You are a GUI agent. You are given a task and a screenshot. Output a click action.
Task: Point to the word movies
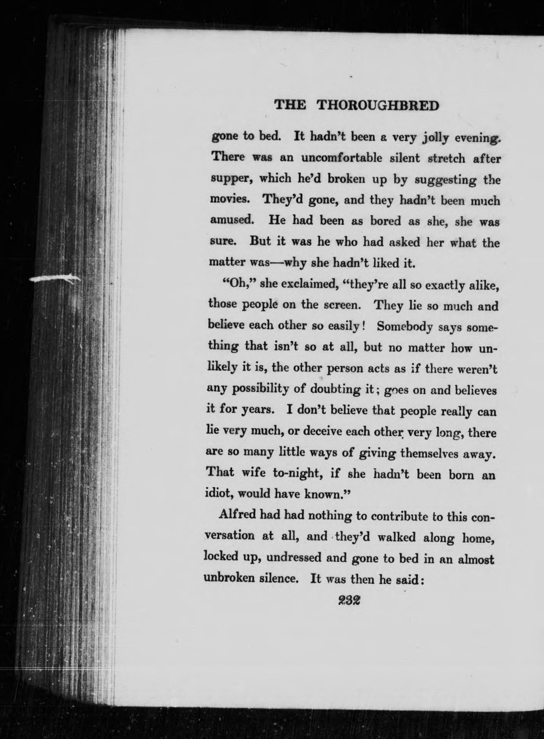coord(227,201)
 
